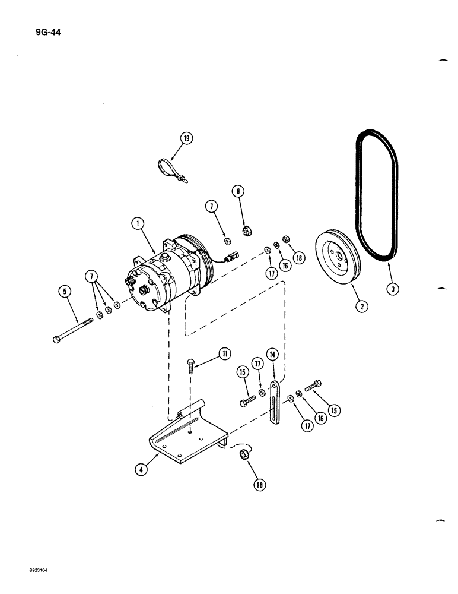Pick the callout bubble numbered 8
pyautogui.click(x=238, y=192)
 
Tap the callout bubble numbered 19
pyautogui.click(x=186, y=140)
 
